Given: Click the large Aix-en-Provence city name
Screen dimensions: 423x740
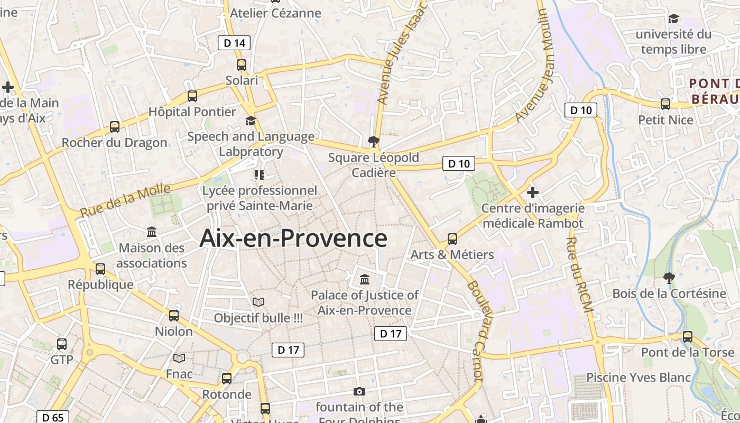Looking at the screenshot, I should [293, 238].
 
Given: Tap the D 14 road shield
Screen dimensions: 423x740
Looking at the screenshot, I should [234, 43].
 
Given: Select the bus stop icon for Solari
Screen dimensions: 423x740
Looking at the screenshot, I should [242, 65].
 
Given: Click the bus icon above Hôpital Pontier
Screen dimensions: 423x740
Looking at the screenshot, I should [192, 96].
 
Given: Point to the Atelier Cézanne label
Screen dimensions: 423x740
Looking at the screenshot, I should [276, 13].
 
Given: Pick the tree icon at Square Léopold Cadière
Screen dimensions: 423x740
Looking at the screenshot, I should [374, 141].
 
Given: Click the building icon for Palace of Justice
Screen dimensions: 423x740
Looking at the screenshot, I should [365, 279].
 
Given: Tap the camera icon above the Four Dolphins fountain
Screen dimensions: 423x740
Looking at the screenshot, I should [359, 391].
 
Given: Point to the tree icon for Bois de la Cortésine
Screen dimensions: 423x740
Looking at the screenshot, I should [669, 278].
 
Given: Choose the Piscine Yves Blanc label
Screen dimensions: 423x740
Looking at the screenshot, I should [639, 378].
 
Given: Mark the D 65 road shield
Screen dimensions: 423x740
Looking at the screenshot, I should [53, 418].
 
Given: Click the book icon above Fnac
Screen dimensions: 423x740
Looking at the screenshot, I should [179, 358].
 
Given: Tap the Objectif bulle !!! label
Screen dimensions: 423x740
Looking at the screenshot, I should [258, 318].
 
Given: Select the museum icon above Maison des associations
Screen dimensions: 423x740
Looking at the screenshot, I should [152, 232].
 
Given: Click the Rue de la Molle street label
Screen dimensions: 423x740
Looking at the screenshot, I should [126, 200].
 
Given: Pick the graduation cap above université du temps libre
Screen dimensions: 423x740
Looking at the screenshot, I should [673, 19].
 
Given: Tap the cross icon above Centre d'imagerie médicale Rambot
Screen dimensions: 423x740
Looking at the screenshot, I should [533, 192].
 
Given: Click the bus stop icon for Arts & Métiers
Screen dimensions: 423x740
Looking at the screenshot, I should [452, 238].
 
